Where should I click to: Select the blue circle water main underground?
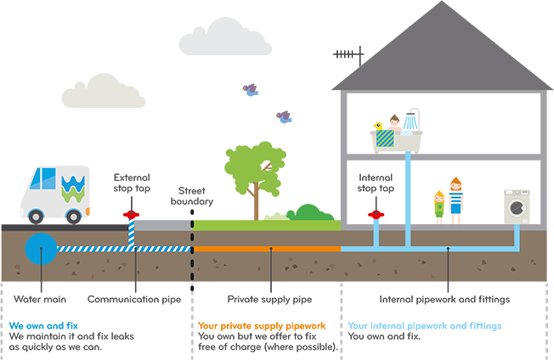[x=38, y=247]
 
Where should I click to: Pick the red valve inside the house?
[x=374, y=211]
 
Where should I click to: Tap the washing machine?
[x=513, y=203]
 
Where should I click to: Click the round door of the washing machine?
[x=515, y=208]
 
